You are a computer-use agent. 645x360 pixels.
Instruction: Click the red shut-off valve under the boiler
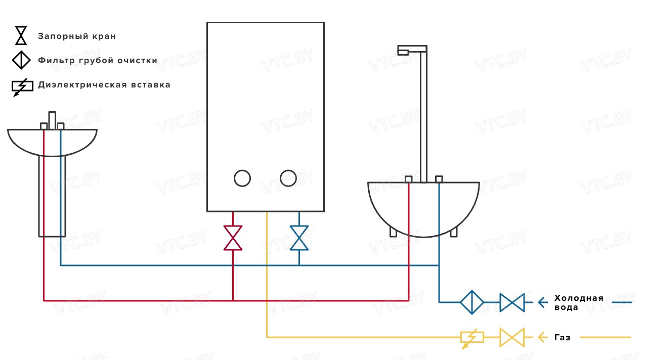click(233, 238)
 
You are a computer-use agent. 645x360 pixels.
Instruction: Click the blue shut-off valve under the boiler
click(299, 238)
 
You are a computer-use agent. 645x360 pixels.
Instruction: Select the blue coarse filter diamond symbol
click(471, 302)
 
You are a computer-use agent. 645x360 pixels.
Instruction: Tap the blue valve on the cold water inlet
click(512, 302)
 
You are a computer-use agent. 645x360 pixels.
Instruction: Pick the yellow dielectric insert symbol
click(471, 337)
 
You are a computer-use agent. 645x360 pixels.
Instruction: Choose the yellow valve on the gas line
click(512, 337)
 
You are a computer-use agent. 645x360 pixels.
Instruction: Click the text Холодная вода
click(579, 302)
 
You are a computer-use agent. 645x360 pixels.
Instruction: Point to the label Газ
click(563, 337)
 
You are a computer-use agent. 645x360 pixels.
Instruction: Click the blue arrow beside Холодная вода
click(542, 302)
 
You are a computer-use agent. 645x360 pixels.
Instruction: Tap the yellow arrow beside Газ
click(542, 337)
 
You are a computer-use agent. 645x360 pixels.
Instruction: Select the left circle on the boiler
click(242, 178)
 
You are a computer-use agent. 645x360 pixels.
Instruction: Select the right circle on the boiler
click(288, 178)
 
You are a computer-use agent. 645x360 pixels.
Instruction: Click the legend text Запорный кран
click(77, 36)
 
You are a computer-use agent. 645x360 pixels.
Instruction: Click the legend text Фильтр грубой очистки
click(98, 61)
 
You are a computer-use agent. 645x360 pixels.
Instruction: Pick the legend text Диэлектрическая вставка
click(104, 85)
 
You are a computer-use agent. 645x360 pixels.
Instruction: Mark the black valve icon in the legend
click(21, 36)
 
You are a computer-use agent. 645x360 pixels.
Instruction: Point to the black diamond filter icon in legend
click(21, 60)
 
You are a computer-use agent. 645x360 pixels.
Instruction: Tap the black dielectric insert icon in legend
click(22, 86)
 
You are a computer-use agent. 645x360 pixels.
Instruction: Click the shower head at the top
click(404, 50)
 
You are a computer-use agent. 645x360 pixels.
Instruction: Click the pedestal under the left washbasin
click(52, 197)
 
